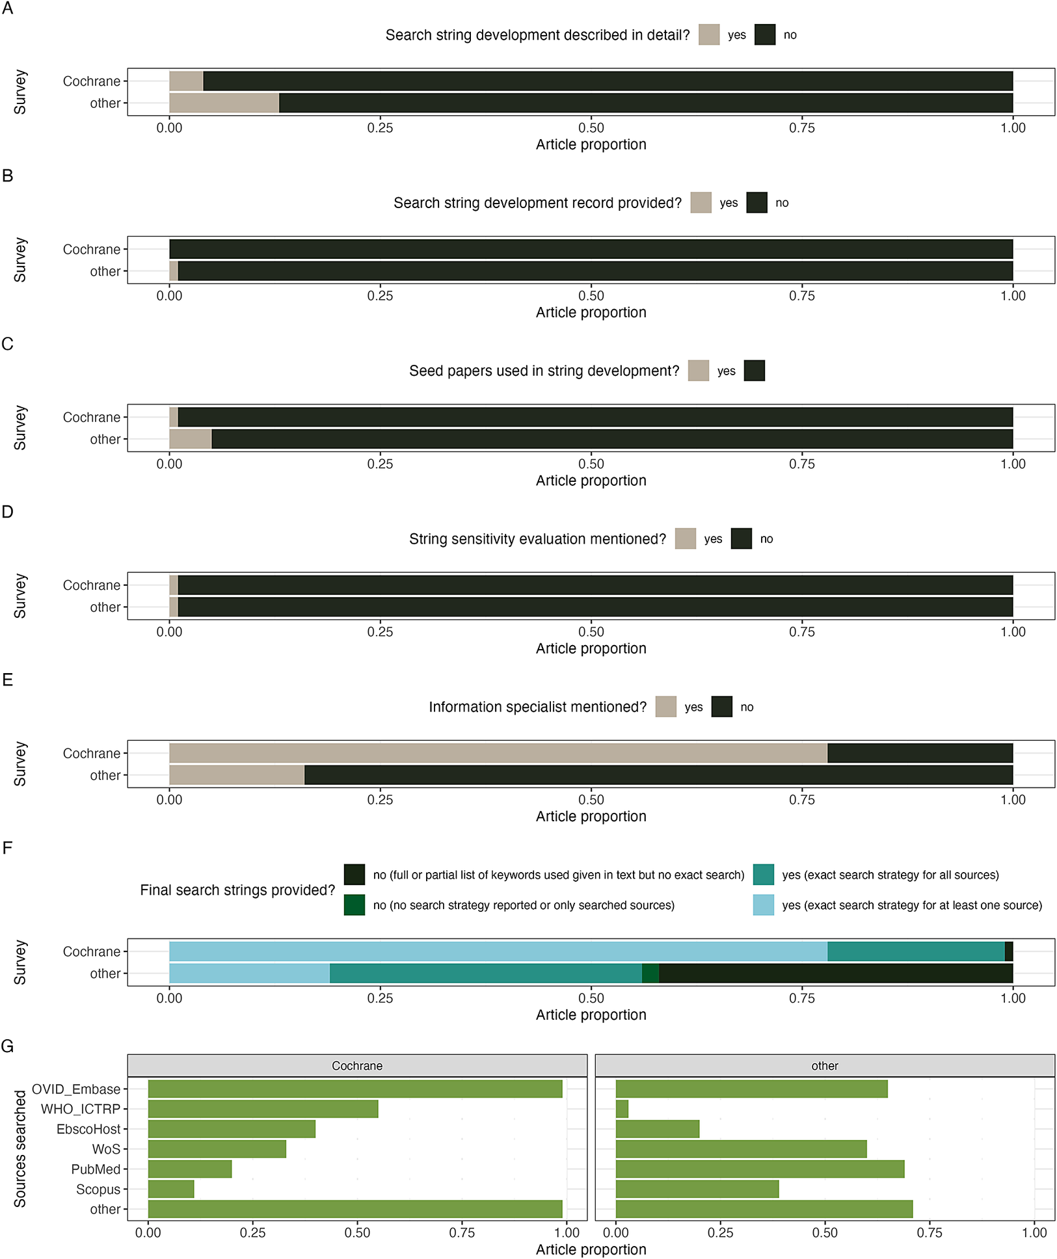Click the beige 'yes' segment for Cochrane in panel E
click(x=498, y=753)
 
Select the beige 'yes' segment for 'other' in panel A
click(x=224, y=103)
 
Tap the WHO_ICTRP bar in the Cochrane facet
click(x=263, y=1109)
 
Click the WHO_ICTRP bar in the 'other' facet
click(x=622, y=1109)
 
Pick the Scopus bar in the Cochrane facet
click(x=171, y=1189)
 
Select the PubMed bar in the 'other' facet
click(x=760, y=1169)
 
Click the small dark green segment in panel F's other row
click(x=650, y=974)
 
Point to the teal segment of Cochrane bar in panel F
click(x=915, y=951)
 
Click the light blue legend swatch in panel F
click(x=763, y=905)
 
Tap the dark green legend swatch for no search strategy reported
click(x=355, y=905)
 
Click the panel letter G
click(x=8, y=1046)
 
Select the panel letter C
click(x=8, y=344)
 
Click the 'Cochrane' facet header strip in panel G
click(x=357, y=1066)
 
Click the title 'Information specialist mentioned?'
click(x=537, y=707)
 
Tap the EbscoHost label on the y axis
click(x=88, y=1129)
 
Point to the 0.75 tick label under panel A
click(x=801, y=128)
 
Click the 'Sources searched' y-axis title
click(x=20, y=1148)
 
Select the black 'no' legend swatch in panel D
click(x=741, y=538)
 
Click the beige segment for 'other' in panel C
click(x=190, y=439)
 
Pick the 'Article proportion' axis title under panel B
click(x=591, y=312)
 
